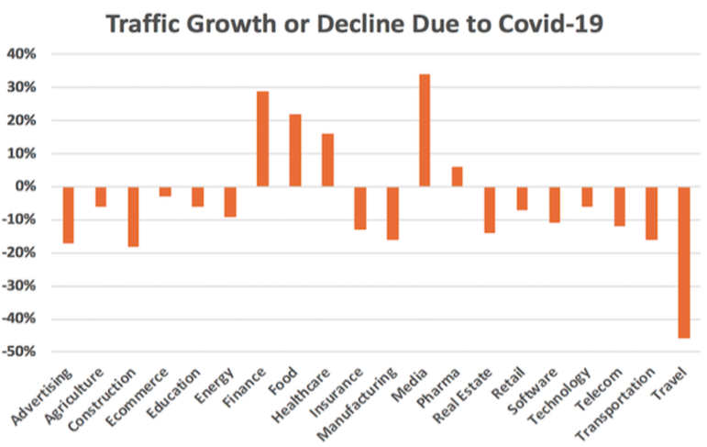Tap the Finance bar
pos(262,139)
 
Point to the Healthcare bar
pos(327,161)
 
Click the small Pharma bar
pos(457,177)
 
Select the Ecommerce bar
pos(165,191)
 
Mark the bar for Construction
pos(133,217)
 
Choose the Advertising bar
pos(68,215)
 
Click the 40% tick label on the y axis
pos(21,54)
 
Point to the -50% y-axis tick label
pos(19,352)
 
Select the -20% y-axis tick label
pos(19,253)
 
